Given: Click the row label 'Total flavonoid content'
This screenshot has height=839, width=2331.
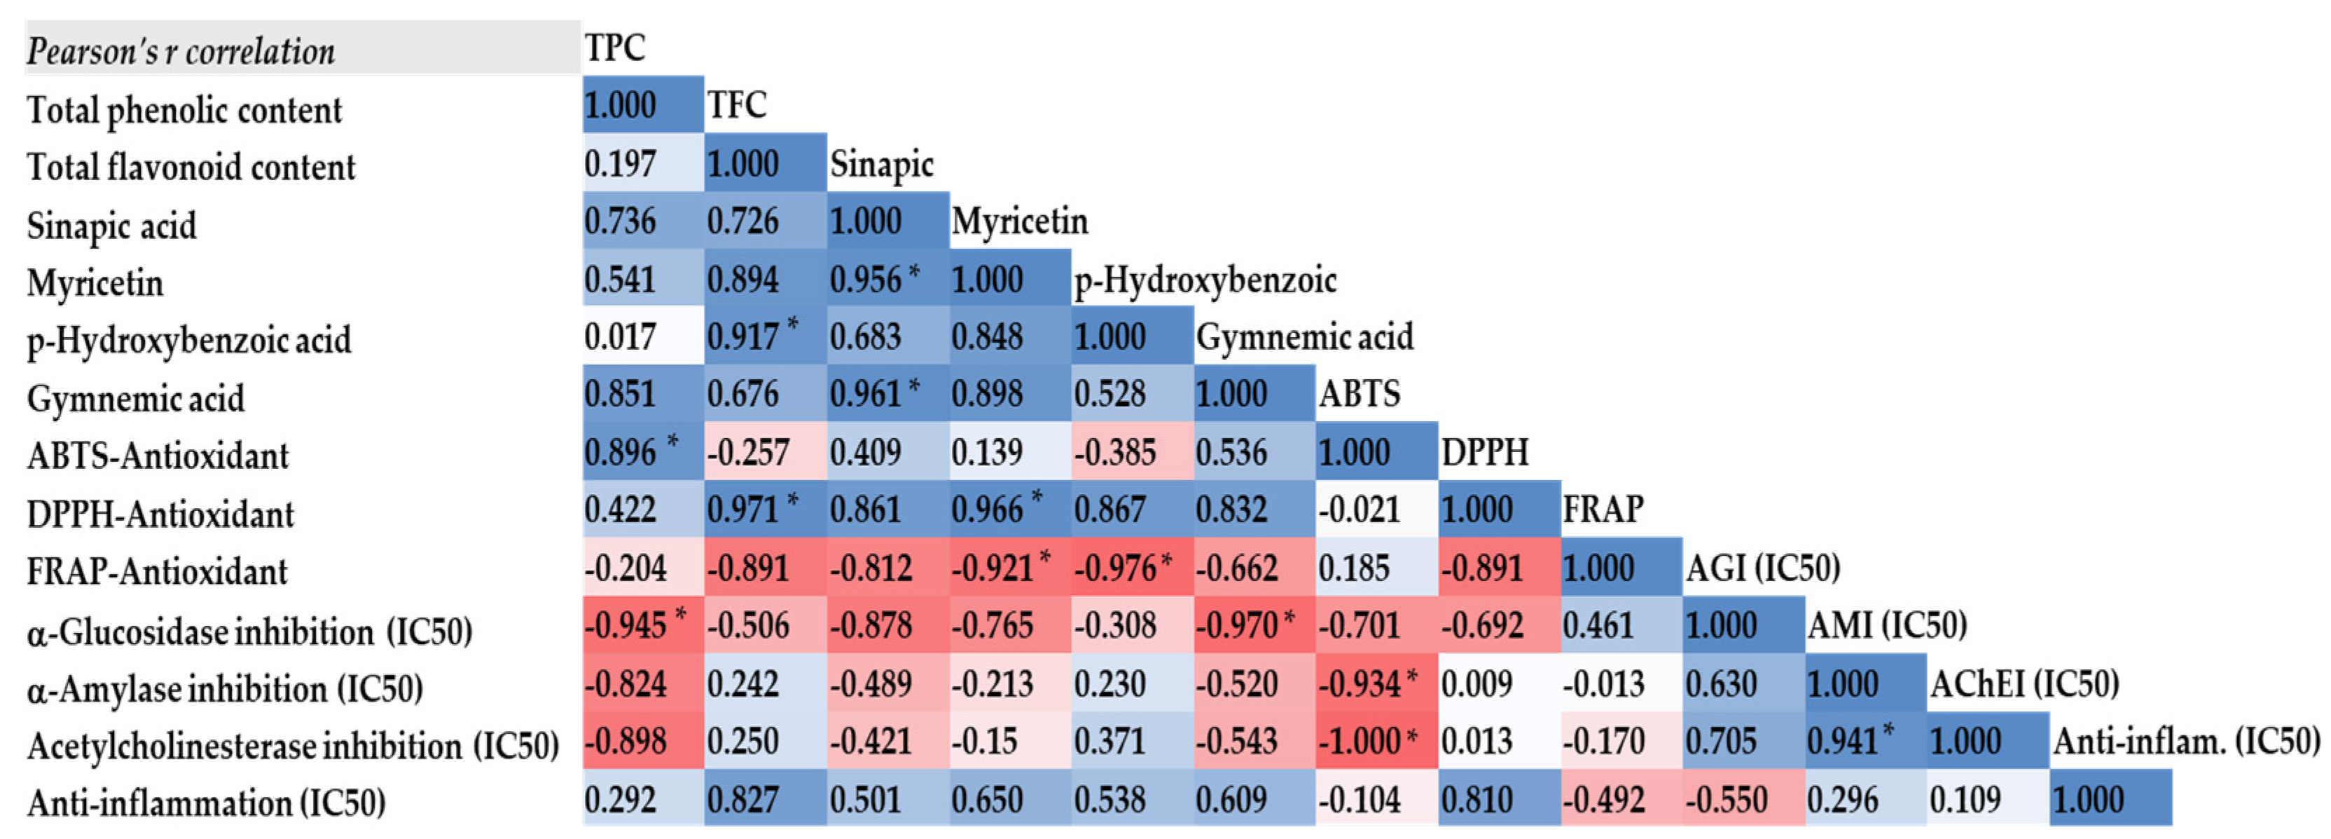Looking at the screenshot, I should [x=191, y=168].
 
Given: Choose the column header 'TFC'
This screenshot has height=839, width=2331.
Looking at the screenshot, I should [x=737, y=105].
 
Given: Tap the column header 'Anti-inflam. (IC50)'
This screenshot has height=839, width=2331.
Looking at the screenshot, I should [x=2186, y=742].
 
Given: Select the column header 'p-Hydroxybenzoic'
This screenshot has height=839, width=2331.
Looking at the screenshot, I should [x=1205, y=280].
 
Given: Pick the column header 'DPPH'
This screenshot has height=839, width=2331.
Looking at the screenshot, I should [x=1485, y=451].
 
